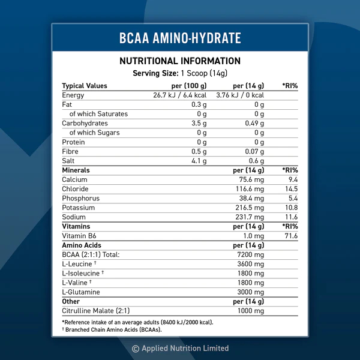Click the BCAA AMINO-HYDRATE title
(180, 38)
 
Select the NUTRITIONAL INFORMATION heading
(180, 61)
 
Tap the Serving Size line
(180, 73)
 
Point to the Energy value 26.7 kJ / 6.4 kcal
(181, 95)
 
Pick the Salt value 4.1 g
(199, 161)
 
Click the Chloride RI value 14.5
(292, 189)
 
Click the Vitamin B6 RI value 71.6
(292, 236)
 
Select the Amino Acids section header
(82, 245)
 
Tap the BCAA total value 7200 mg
(251, 254)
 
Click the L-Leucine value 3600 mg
(251, 264)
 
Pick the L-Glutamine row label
(81, 292)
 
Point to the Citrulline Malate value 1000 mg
(251, 311)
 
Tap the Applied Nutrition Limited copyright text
(180, 348)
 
